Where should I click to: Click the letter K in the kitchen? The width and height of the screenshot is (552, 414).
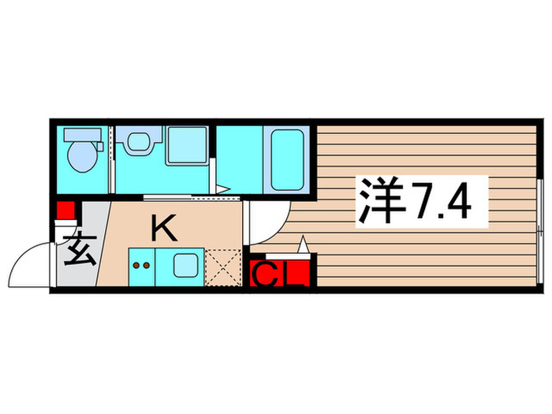tap(163, 229)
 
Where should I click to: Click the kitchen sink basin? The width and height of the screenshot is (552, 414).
tap(186, 266)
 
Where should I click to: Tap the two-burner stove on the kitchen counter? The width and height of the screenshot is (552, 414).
tap(143, 266)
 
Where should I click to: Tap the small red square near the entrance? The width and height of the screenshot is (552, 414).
tap(65, 211)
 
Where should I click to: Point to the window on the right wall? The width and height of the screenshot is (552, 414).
tap(541, 229)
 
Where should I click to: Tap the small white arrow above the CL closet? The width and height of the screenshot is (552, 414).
tap(301, 246)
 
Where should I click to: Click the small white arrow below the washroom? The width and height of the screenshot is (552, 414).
tap(224, 188)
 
